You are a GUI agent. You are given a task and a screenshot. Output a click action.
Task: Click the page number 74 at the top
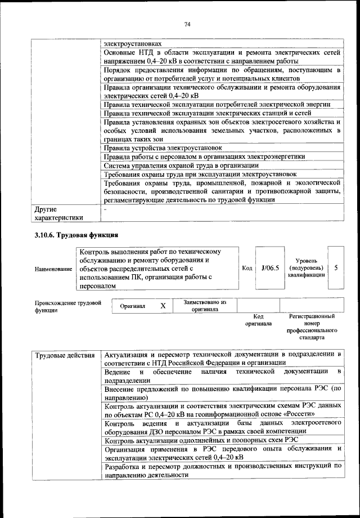pyautogui.click(x=188, y=24)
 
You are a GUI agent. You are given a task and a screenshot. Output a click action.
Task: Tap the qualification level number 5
pyautogui.click(x=336, y=269)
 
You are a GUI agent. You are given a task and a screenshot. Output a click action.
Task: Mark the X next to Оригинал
pyautogui.click(x=163, y=306)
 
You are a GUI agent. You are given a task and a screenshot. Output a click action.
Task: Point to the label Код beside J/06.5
pyautogui.click(x=246, y=269)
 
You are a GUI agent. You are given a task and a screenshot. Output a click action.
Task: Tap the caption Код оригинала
pyautogui.click(x=258, y=320)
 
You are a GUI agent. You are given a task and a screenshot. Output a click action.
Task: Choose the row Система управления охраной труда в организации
pyautogui.click(x=181, y=166)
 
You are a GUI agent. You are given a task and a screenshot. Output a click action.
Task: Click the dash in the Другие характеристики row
pyautogui.click(x=105, y=208)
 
